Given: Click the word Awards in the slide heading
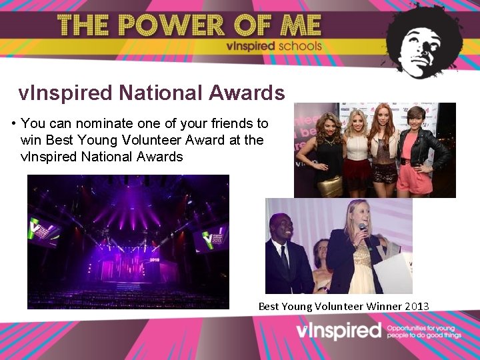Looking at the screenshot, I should click(247, 93).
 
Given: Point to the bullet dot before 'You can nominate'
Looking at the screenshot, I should click(14, 124).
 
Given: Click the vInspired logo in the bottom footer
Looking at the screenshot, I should click(339, 331).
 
